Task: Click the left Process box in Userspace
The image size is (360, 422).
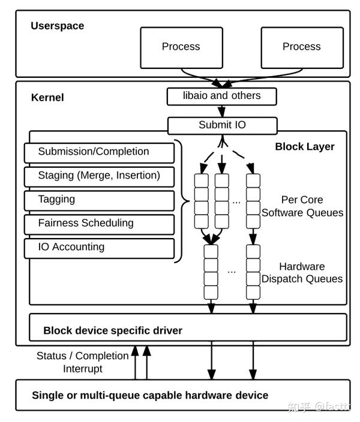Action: pos(181,47)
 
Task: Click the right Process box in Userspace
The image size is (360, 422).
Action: pos(301,47)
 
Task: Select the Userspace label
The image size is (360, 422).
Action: pos(58,26)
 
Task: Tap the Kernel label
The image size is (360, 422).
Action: pos(47,97)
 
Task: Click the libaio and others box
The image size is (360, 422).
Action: pos(222,96)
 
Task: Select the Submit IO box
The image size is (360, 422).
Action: pos(222,125)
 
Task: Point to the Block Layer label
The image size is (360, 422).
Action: pos(305,146)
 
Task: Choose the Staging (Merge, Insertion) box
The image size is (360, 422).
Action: pos(99,176)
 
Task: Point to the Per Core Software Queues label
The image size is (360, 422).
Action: pos(302,206)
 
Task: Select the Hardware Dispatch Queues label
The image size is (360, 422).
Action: pos(302,273)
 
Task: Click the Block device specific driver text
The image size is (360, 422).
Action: pos(113,330)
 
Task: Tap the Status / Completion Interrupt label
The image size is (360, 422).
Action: pos(82,362)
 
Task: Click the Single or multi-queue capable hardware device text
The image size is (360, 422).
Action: pos(150,395)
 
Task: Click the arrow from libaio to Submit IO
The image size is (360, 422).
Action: pos(222,111)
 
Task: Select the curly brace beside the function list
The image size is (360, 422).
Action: pos(180,201)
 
